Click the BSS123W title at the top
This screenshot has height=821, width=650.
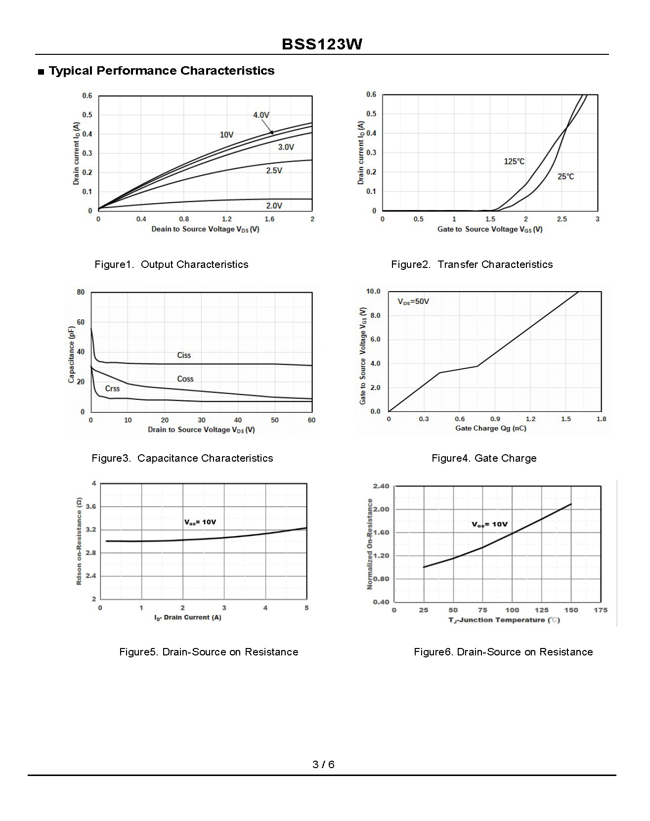[322, 44]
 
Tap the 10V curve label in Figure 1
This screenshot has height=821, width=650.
[226, 134]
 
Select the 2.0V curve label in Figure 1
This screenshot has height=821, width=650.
[274, 206]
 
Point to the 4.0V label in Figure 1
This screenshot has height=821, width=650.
[261, 115]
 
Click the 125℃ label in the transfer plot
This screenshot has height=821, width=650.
[514, 161]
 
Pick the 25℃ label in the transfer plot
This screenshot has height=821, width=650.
[565, 176]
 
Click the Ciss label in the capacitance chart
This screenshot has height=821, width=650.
[184, 355]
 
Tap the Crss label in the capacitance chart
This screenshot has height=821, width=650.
[112, 389]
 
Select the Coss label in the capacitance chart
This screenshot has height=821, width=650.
[185, 379]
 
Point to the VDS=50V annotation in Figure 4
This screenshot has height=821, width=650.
[413, 302]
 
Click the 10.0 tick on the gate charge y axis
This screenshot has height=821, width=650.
[373, 291]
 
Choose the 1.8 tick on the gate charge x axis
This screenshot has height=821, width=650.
[601, 419]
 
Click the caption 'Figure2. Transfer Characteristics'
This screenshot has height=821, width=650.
[472, 264]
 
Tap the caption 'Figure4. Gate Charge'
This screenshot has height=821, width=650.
[484, 458]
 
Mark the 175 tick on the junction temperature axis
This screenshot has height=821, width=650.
[600, 610]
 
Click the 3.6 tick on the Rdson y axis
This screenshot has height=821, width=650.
[91, 507]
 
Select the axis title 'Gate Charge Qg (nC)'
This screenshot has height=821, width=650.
[490, 428]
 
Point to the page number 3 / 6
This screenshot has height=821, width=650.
[323, 764]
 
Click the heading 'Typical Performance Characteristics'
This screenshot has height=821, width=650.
[162, 71]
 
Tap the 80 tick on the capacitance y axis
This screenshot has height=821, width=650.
[81, 292]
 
